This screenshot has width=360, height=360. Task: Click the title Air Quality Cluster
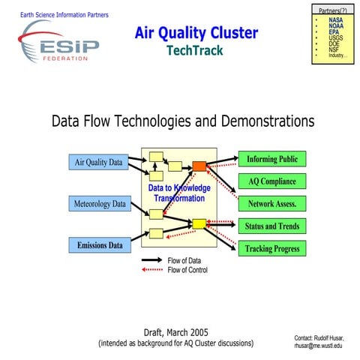pyautogui.click(x=196, y=33)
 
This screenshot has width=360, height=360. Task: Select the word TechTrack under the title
pyautogui.click(x=196, y=50)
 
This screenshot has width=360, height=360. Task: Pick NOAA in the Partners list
pyautogui.click(x=337, y=26)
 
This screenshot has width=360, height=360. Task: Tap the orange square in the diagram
pyautogui.click(x=199, y=166)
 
